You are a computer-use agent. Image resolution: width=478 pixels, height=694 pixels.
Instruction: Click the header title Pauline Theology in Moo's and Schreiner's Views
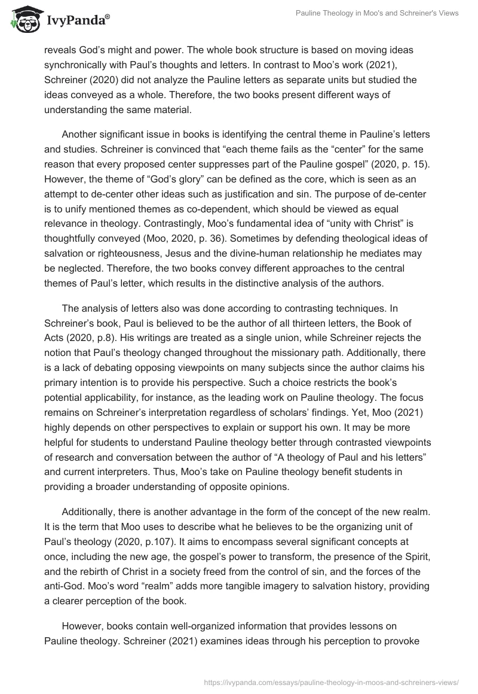pos(378,13)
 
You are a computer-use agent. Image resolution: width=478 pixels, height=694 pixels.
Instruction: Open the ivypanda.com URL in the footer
pos(332,681)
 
